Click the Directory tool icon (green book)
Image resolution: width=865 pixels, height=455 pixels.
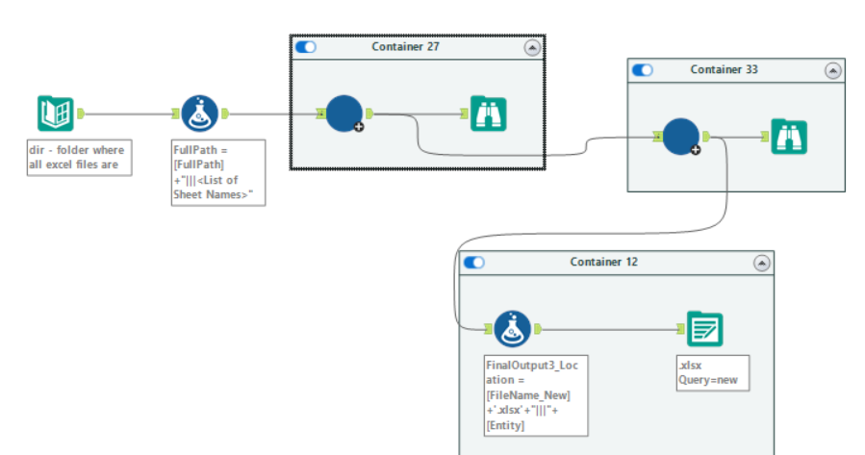55,114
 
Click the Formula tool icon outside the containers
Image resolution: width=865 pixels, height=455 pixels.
199,114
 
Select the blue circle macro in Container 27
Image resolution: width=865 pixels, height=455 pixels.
343,114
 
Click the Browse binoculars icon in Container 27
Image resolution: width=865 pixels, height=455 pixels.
489,114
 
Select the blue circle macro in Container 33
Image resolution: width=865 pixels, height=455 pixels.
681,137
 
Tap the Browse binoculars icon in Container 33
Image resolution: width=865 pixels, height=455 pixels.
789,137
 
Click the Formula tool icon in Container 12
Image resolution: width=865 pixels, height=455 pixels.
513,329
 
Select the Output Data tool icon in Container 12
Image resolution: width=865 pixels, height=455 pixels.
704,329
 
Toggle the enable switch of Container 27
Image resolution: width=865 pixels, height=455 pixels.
306,47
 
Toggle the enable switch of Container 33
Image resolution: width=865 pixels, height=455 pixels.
642,70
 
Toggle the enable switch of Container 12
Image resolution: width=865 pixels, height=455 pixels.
473,263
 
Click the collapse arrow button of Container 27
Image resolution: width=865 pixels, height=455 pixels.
531,47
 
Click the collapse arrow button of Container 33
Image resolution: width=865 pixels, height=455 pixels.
833,70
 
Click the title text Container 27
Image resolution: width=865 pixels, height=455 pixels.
405,47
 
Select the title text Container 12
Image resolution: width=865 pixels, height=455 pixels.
603,263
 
